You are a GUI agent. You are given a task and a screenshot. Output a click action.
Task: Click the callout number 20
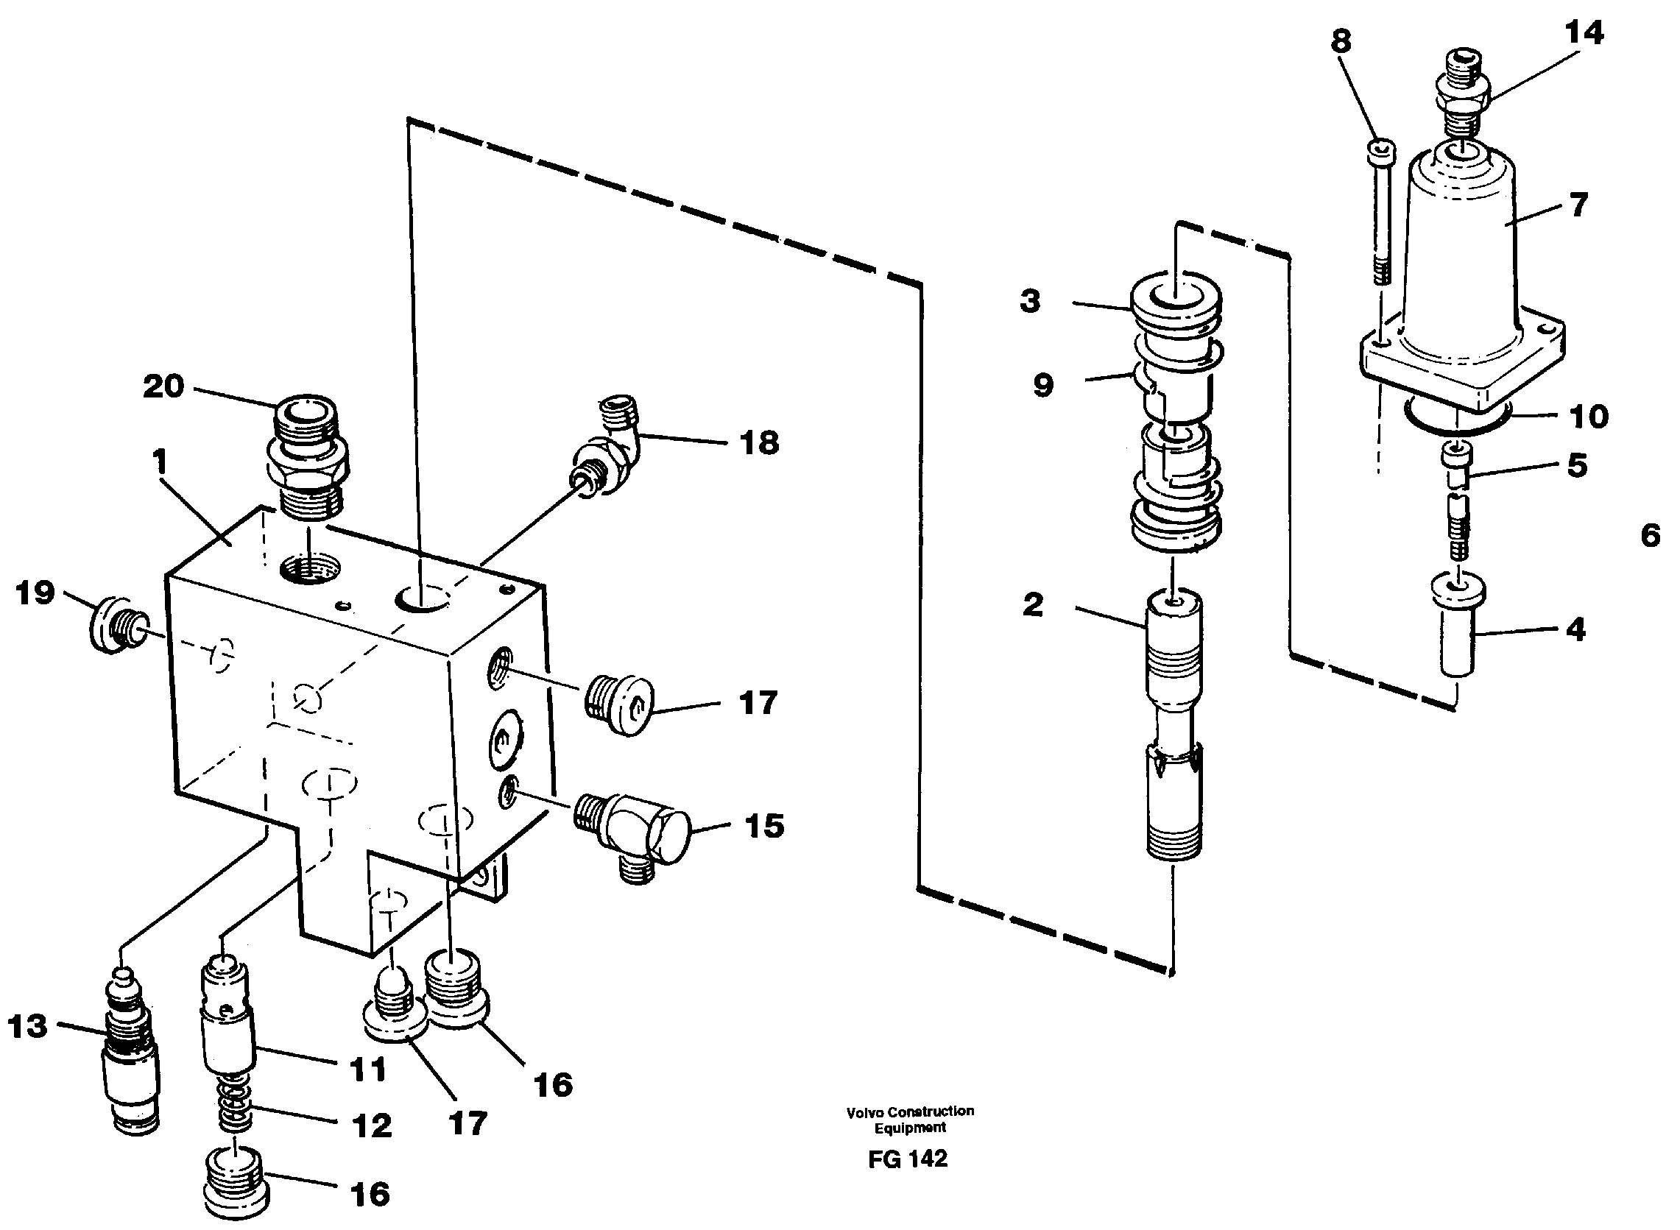pyautogui.click(x=163, y=386)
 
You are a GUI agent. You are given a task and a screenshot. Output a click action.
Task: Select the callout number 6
pyautogui.click(x=1651, y=535)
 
